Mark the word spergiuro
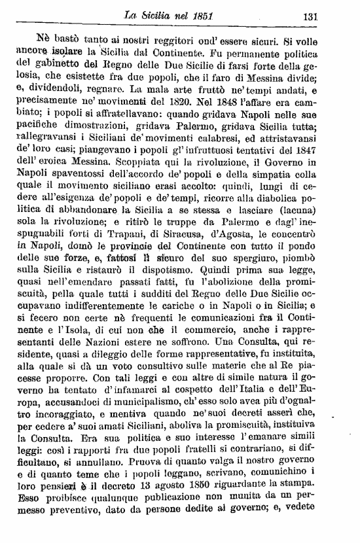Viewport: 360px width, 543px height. [253, 239]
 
